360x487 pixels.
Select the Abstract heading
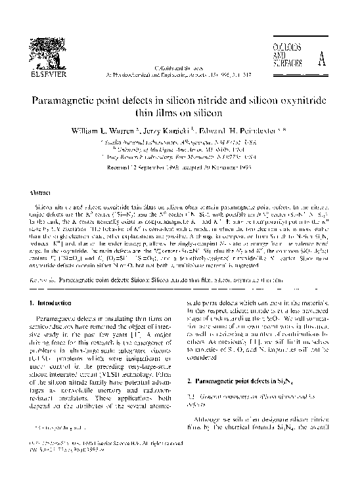click(x=41, y=194)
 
